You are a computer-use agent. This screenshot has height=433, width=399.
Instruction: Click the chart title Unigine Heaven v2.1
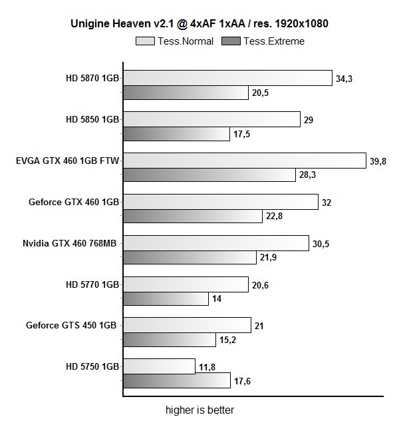tap(199, 24)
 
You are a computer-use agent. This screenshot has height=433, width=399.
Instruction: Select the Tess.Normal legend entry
tap(175, 41)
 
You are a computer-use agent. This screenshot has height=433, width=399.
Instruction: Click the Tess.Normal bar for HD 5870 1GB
tap(227, 78)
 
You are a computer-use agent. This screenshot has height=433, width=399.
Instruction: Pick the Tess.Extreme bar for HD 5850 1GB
tap(176, 135)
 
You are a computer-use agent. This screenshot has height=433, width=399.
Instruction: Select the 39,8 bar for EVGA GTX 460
tap(245, 161)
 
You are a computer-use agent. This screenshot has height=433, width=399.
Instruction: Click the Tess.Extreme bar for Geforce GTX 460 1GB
tap(193, 217)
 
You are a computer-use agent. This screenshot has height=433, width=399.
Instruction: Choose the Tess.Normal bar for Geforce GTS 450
tap(187, 325)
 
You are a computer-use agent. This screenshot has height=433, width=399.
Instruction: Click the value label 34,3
tap(344, 79)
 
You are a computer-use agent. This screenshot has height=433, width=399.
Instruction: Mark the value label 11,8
tap(205, 366)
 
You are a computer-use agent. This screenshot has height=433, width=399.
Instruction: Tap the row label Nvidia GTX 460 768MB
tap(70, 244)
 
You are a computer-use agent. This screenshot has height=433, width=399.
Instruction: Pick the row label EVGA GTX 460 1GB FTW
tap(67, 161)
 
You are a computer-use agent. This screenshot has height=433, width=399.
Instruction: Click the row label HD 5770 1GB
tap(92, 284)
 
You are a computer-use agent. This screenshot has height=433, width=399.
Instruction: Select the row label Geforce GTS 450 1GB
tap(72, 326)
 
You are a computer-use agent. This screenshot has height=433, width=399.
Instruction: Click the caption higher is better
tap(199, 410)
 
